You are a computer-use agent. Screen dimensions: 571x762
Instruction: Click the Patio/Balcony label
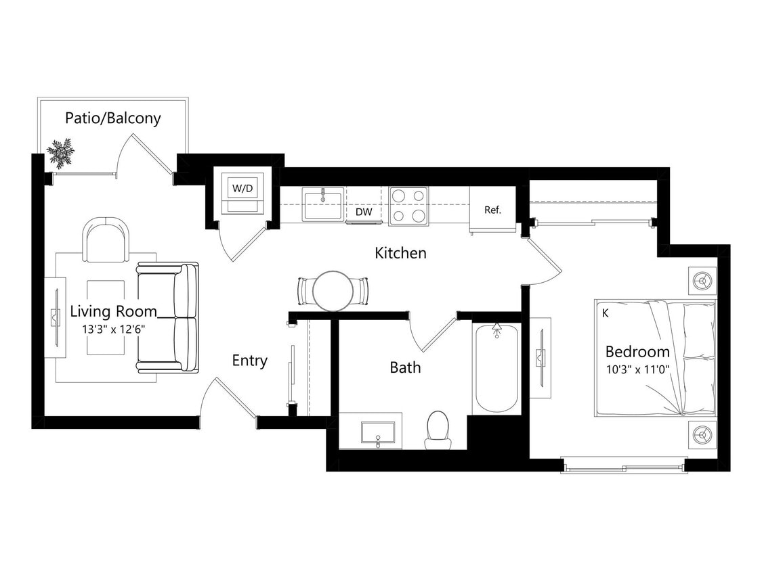click(112, 118)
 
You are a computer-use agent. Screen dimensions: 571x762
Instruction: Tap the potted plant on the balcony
click(60, 153)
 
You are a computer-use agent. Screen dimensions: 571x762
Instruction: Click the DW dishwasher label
click(364, 212)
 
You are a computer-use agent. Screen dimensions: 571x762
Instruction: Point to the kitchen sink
click(323, 204)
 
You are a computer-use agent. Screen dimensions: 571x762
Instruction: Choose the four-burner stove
click(408, 206)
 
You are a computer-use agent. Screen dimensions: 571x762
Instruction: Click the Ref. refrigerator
click(492, 210)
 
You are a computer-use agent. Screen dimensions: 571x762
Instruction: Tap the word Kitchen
click(400, 253)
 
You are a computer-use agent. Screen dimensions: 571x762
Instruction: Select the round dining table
click(333, 291)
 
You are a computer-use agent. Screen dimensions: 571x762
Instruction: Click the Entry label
click(249, 361)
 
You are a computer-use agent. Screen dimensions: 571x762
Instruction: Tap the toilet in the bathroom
click(438, 430)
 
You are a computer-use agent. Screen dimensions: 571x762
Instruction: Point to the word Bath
click(404, 367)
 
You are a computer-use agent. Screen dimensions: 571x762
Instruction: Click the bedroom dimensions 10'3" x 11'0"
click(637, 369)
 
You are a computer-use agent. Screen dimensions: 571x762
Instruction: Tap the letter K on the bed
click(604, 313)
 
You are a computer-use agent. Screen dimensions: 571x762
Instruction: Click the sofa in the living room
click(168, 317)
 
